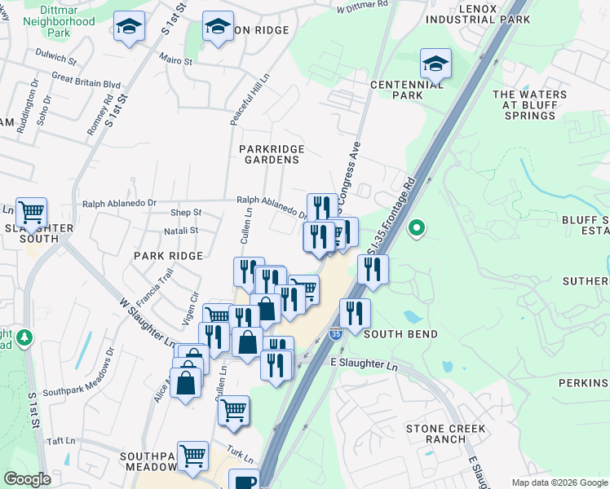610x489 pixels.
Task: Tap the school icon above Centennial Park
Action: click(435, 64)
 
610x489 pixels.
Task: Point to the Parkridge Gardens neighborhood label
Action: click(272, 154)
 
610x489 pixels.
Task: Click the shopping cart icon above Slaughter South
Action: click(31, 213)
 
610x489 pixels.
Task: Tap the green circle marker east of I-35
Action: click(417, 228)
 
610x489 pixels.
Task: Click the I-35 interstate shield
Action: click(335, 334)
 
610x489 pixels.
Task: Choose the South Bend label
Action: click(400, 334)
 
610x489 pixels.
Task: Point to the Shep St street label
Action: click(185, 213)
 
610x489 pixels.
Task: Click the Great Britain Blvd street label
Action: click(86, 84)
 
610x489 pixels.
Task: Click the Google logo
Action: click(27, 479)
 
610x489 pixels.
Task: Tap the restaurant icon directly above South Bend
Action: click(355, 313)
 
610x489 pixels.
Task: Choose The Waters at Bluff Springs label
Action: click(529, 105)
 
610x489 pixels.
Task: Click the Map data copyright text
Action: click(559, 482)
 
